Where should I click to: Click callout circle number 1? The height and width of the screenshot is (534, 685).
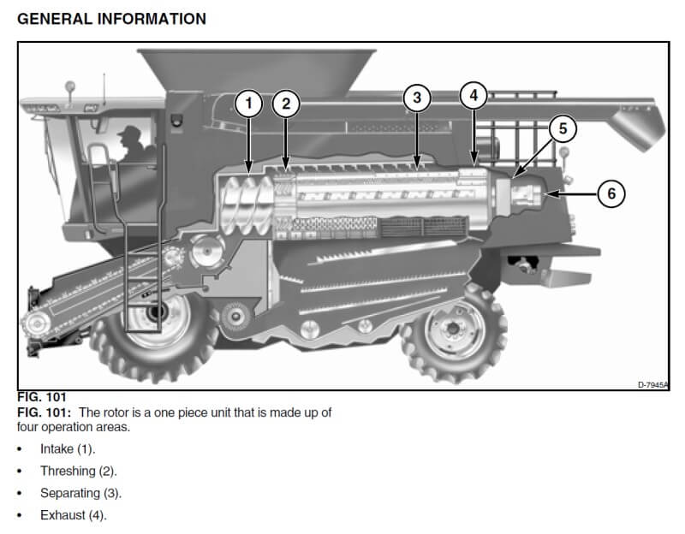click(x=248, y=104)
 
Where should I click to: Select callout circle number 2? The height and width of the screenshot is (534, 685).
click(x=287, y=104)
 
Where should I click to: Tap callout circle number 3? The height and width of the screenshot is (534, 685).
click(x=417, y=98)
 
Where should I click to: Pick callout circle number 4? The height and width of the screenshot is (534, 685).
click(x=474, y=95)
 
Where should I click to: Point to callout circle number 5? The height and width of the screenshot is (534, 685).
click(x=563, y=129)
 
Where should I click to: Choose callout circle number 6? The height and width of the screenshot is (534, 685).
click(x=611, y=193)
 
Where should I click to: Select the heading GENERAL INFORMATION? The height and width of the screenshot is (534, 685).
click(x=111, y=19)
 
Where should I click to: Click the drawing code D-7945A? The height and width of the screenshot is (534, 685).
click(x=653, y=385)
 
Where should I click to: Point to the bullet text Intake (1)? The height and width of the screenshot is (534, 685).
click(x=68, y=448)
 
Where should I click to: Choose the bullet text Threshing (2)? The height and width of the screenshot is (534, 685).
click(x=78, y=471)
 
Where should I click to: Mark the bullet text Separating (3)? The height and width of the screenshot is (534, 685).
click(x=80, y=493)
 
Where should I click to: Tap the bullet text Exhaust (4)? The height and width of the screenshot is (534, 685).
click(x=73, y=515)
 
